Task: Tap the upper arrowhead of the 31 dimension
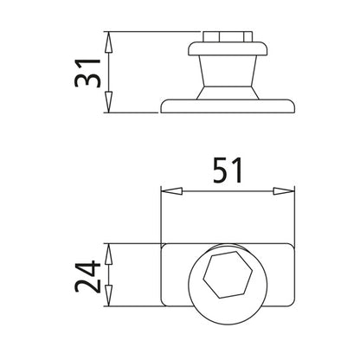coord(108,40)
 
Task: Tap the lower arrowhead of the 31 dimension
coord(108,106)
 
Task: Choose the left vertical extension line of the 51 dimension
coord(161,216)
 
